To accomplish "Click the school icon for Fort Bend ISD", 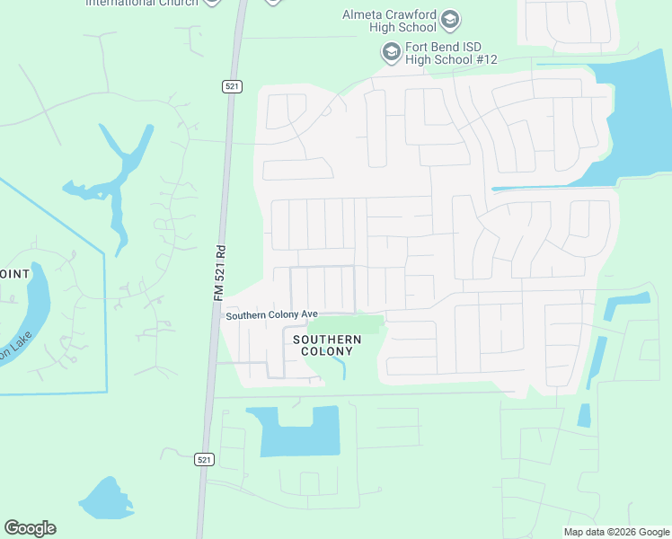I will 391,53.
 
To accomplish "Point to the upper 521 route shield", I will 232,86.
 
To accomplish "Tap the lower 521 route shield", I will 205,459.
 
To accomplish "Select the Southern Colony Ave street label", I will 272,315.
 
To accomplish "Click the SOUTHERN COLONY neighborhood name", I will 327,345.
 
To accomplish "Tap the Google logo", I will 30,528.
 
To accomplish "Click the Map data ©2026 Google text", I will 616,532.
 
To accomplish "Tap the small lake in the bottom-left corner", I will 107,499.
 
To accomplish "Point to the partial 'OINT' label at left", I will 14,274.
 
